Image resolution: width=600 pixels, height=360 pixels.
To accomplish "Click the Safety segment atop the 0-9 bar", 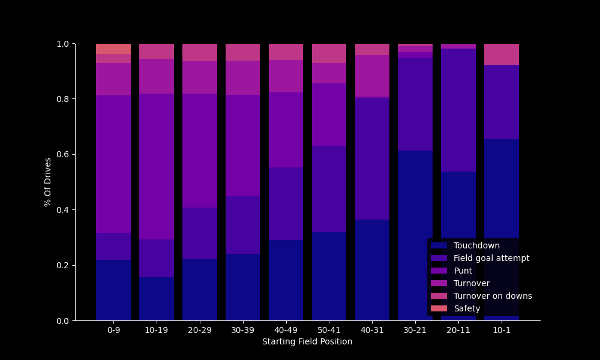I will click(x=113, y=49).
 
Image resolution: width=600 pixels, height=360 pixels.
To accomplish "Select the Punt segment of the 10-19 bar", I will click(x=157, y=166).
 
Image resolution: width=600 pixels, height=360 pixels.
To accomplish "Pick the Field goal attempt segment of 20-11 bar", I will click(x=458, y=110).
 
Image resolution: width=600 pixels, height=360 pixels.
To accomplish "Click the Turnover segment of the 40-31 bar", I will click(x=372, y=76).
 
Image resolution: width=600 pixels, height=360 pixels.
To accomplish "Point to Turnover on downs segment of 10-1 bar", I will click(x=502, y=54).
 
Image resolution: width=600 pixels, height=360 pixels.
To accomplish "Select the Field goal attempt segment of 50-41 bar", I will click(x=329, y=189).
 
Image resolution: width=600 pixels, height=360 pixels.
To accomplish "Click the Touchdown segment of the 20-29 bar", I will click(x=200, y=290).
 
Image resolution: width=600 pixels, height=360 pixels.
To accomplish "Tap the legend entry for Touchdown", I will click(x=476, y=245).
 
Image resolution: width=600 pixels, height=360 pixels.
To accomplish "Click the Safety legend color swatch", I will click(x=439, y=308).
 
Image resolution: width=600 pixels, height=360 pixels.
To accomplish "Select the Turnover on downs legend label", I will click(x=493, y=296).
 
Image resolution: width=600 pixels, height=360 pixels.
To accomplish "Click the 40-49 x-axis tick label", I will click(x=286, y=330).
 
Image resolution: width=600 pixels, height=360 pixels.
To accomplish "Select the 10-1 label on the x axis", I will click(x=502, y=330).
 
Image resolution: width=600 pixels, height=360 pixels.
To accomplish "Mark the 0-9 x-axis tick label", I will click(x=113, y=330).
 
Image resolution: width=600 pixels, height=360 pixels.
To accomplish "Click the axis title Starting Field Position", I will click(x=307, y=342).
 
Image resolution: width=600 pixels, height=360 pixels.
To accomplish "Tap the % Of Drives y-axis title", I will click(x=48, y=182).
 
